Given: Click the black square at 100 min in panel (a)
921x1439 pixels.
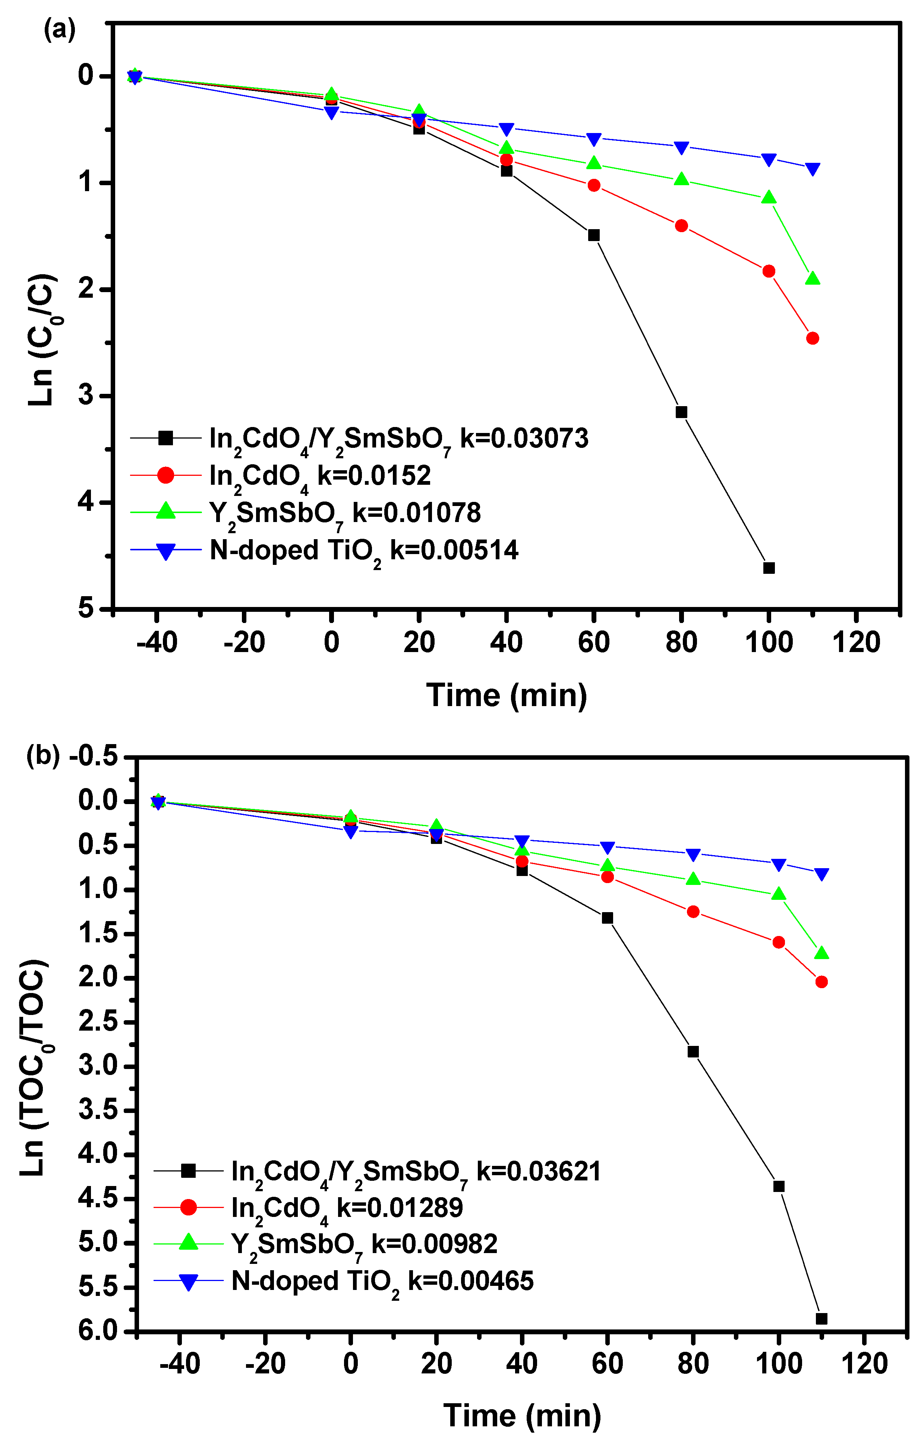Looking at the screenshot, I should coord(769,568).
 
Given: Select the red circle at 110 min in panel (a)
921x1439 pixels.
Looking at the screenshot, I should coord(812,338).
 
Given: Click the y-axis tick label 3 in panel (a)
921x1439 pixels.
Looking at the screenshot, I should coord(87,396).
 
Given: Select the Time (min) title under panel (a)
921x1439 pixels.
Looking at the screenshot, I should coord(507,695).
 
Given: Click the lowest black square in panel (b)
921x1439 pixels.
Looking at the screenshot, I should coord(821,1319).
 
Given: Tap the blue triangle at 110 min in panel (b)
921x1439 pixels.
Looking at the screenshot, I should coord(821,875).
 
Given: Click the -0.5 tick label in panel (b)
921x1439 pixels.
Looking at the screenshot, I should coord(95,756).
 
